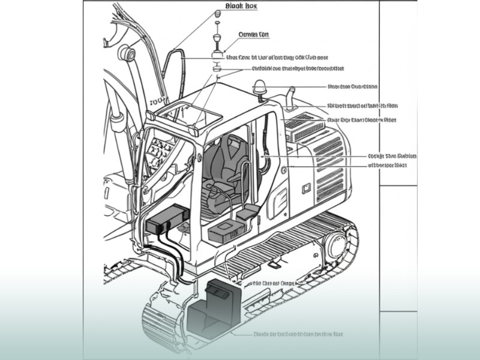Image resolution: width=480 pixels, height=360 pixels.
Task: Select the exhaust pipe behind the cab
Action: click(289, 95)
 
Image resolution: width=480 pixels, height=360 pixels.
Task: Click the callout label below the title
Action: click(253, 35)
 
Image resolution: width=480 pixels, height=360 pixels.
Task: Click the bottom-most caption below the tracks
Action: click(298, 334)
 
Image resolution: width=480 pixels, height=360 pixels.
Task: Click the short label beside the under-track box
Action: click(271, 282)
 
